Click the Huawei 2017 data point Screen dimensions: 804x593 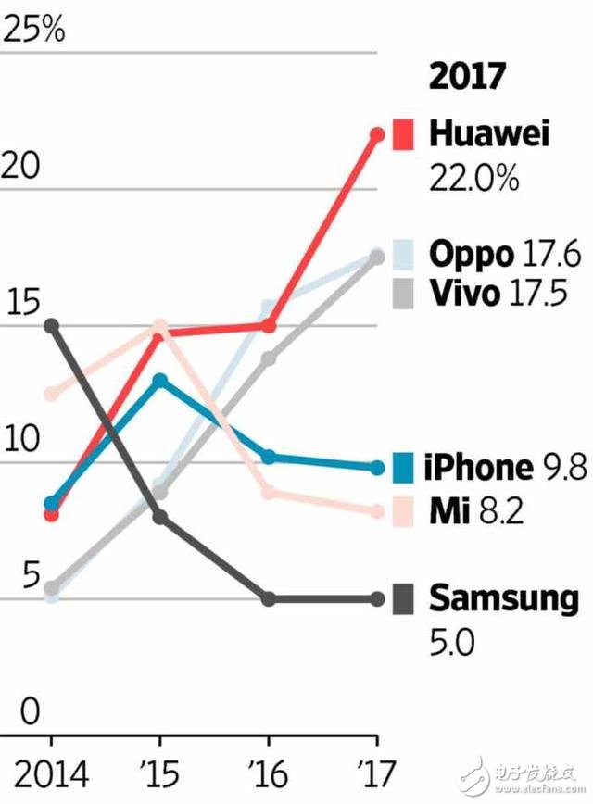(x=377, y=134)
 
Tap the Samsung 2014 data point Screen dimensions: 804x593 (x=52, y=325)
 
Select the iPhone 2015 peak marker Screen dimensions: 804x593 (x=160, y=380)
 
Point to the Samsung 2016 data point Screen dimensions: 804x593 (x=269, y=599)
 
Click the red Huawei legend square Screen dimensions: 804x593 (x=403, y=134)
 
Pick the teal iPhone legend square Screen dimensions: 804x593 (x=403, y=468)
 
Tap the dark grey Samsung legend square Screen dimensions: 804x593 (x=403, y=599)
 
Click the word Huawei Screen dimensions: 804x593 (x=489, y=134)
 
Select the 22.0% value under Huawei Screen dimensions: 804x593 (x=473, y=178)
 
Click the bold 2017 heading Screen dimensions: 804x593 (x=467, y=77)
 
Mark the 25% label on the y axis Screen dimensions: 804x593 (x=34, y=30)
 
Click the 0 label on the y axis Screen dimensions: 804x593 (x=31, y=711)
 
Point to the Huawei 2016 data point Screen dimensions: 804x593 (x=269, y=326)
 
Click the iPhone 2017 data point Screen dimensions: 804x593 (x=377, y=468)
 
